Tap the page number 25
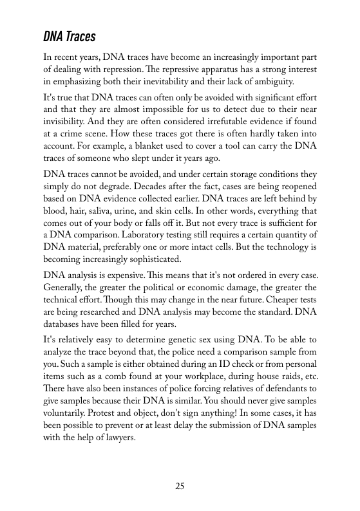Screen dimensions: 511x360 pyautogui.click(x=180, y=486)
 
